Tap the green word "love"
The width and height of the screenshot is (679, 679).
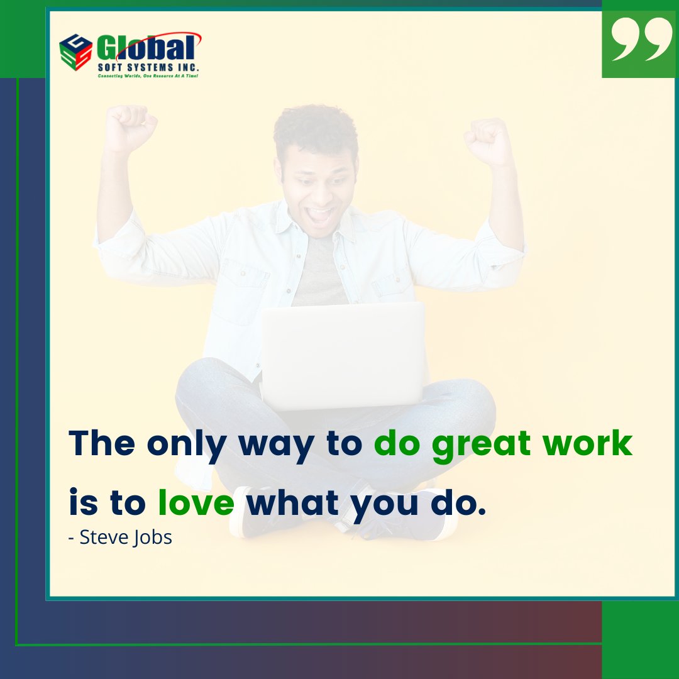[196, 503]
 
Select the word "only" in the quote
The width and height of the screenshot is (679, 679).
[185, 444]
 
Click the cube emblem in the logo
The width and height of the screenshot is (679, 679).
[75, 51]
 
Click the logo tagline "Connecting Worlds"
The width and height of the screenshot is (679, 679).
[119, 75]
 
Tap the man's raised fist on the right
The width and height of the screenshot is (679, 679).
[488, 139]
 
